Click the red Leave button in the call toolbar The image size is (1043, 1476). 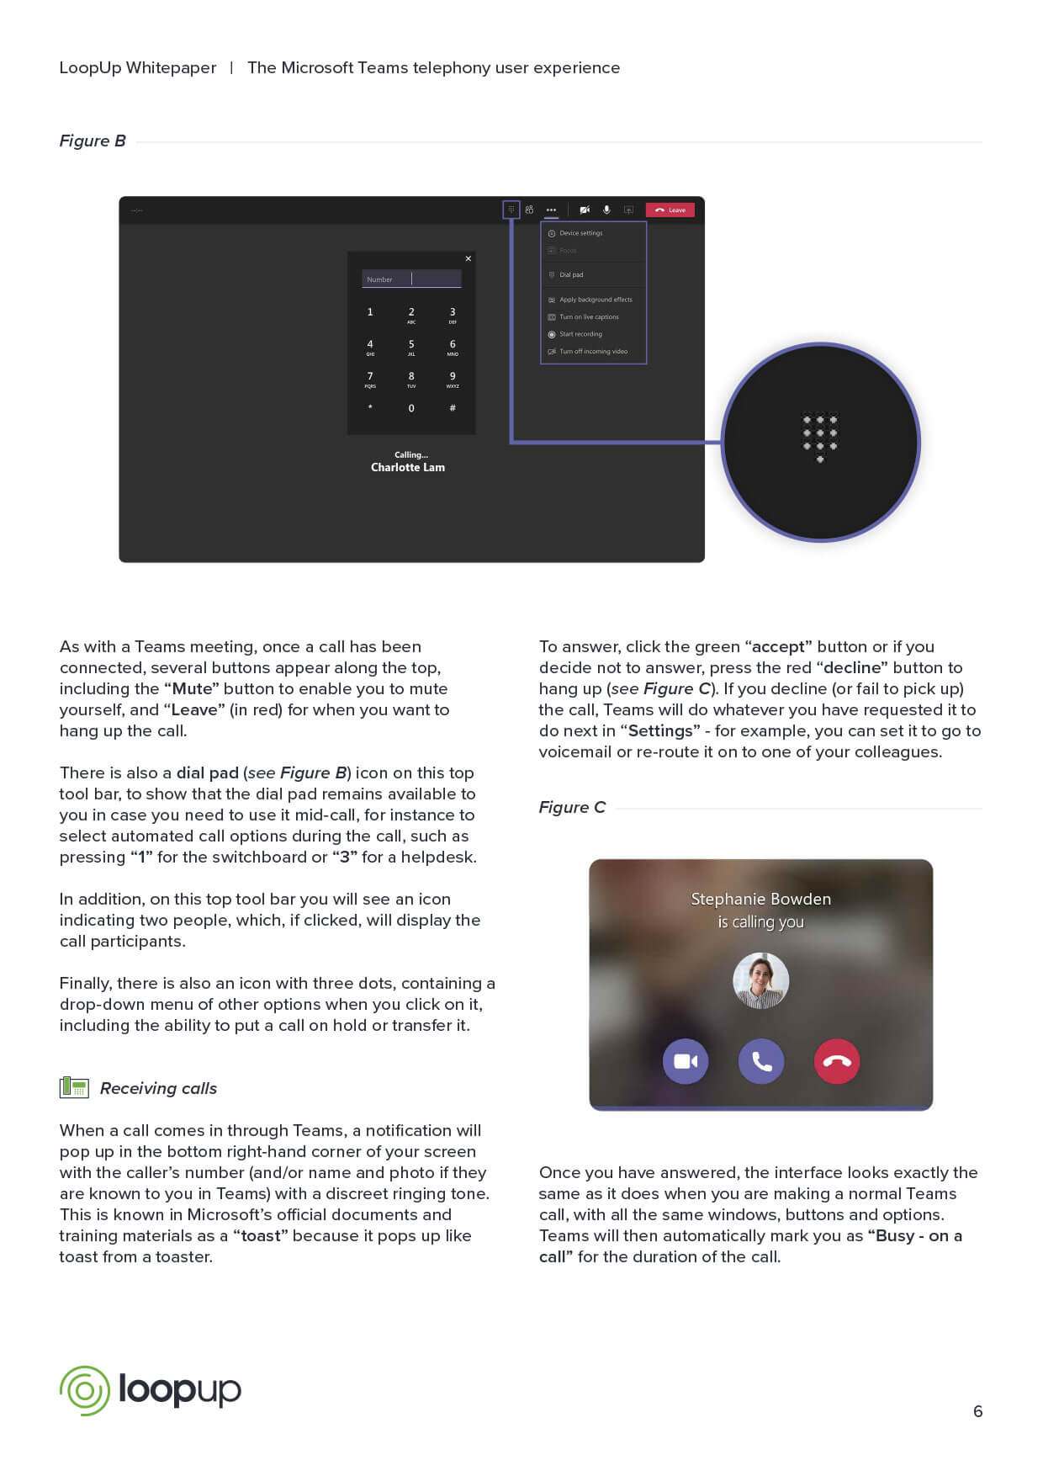pyautogui.click(x=670, y=210)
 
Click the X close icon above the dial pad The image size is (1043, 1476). pyautogui.click(x=469, y=258)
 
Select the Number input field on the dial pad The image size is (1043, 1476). pyautogui.click(x=411, y=279)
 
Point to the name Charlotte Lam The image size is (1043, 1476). pyautogui.click(x=408, y=468)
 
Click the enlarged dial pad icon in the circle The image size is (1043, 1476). pyautogui.click(x=820, y=437)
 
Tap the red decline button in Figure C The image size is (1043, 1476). pyautogui.click(x=837, y=1061)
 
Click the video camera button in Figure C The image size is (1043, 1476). pyautogui.click(x=686, y=1061)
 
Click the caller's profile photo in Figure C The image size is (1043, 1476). pyautogui.click(x=761, y=980)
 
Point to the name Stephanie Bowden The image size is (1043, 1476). pyautogui.click(x=761, y=899)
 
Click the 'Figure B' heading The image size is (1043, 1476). pyautogui.click(x=93, y=141)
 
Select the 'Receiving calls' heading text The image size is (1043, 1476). pyautogui.click(x=158, y=1088)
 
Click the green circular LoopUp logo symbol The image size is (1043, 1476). pyautogui.click(x=84, y=1390)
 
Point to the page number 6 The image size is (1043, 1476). pyautogui.click(x=977, y=1411)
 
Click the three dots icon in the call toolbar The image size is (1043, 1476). pyautogui.click(x=551, y=210)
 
